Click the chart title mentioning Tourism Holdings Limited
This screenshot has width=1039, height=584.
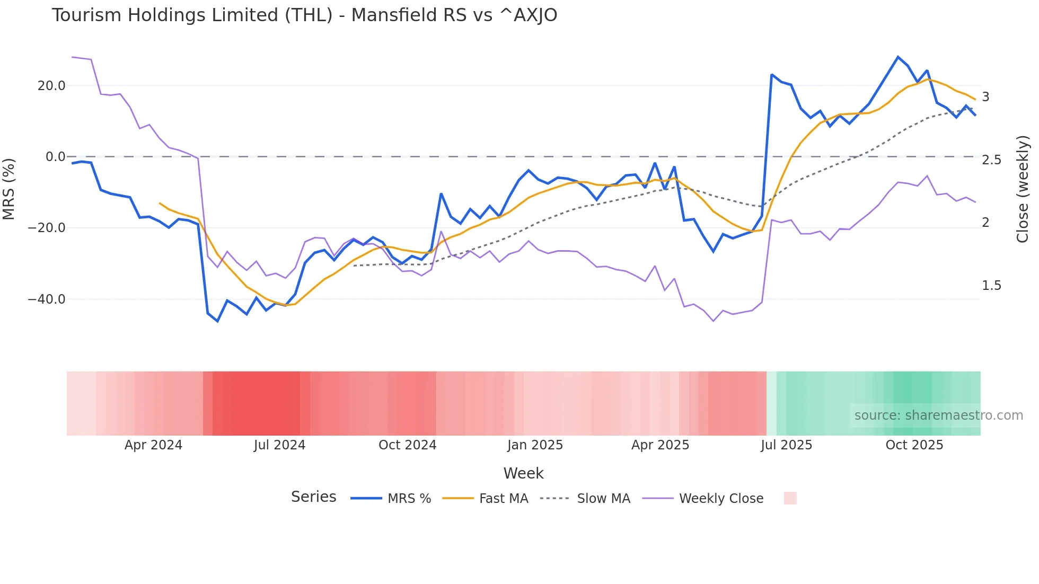pos(304,15)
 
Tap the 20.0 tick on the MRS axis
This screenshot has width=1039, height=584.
pos(51,86)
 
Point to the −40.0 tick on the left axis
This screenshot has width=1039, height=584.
pos(47,299)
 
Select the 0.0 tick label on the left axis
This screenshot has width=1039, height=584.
pos(56,157)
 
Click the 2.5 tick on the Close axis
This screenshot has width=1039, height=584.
pos(991,160)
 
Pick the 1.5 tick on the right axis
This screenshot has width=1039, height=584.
pos(991,286)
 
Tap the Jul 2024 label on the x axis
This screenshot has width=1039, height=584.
pos(279,445)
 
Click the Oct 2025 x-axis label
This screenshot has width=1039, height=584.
pos(914,445)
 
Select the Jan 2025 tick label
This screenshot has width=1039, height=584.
pos(534,445)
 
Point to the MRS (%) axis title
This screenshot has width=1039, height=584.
pos(9,189)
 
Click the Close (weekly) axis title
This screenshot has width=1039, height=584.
pos(1023,189)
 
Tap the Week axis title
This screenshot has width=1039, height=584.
pos(523,473)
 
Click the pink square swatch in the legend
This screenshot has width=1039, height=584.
pos(790,498)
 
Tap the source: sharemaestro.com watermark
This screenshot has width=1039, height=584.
pos(938,415)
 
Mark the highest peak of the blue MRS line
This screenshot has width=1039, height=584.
pos(897,57)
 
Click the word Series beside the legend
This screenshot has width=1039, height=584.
pos(313,497)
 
